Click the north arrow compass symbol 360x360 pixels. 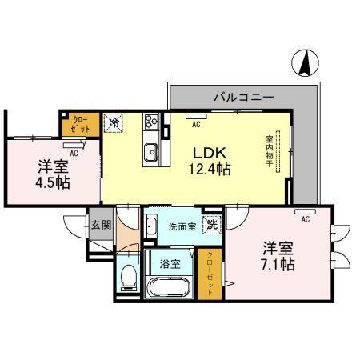[x=306, y=64]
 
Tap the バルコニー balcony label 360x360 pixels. [x=243, y=96]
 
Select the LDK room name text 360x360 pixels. [x=210, y=150]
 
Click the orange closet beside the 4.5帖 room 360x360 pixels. [x=80, y=124]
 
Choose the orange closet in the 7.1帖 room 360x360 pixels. [x=210, y=272]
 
